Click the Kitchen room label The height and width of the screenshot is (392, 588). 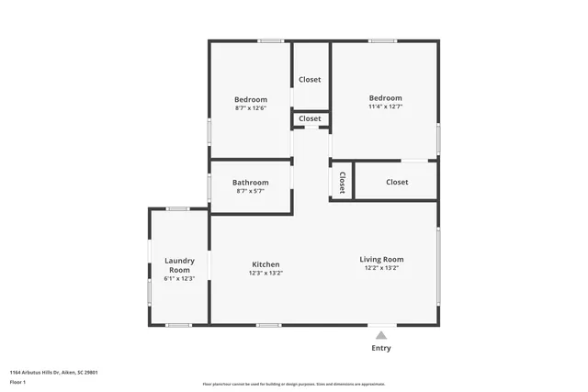click(266, 264)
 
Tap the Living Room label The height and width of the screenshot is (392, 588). click(381, 259)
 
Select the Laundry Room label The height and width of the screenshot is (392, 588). click(179, 265)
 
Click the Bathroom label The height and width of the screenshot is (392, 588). click(250, 182)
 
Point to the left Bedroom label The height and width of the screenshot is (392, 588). click(250, 99)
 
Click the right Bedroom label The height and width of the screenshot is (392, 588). click(386, 98)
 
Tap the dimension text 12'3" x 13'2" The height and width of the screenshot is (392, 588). click(266, 273)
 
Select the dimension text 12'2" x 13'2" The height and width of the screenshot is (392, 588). click(381, 268)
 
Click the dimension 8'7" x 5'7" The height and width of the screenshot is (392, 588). click(250, 191)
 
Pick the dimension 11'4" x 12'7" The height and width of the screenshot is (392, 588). click(386, 106)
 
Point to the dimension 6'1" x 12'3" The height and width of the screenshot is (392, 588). click(179, 278)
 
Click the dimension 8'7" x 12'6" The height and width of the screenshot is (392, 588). click(250, 108)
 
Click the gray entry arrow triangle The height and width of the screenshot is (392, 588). click(381, 335)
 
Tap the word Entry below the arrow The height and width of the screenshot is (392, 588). click(381, 348)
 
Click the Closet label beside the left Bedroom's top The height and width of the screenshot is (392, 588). click(311, 79)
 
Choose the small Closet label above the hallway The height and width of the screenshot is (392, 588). click(311, 118)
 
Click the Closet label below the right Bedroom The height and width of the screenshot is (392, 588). click(397, 182)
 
